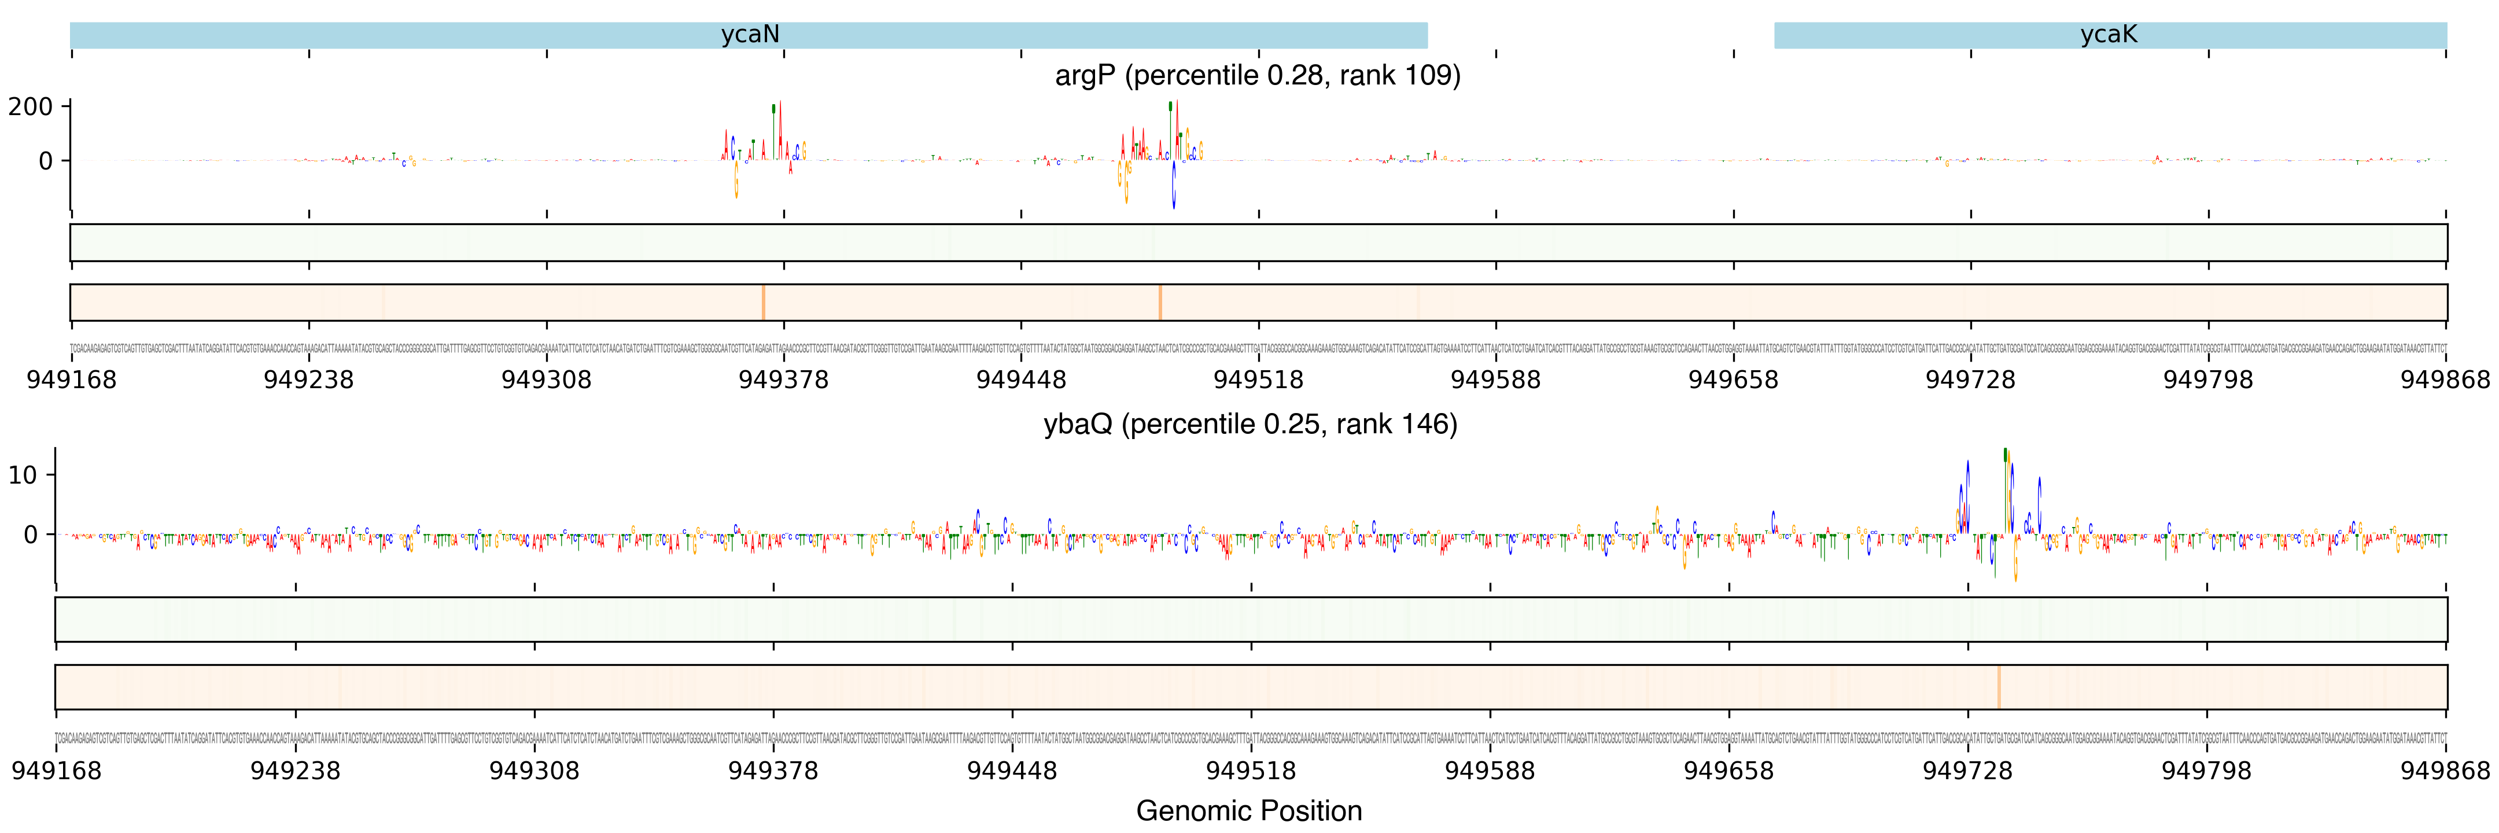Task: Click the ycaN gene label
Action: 749,35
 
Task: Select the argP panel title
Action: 1257,76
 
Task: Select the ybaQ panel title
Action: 1250,424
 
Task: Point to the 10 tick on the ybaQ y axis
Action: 23,475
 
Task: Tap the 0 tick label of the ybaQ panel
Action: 31,535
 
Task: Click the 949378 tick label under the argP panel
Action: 784,379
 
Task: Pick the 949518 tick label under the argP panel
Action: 1258,379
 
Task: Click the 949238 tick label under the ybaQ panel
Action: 295,771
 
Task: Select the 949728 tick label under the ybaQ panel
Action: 1967,771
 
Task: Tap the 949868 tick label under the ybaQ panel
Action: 2445,771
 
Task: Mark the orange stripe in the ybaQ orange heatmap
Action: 1999,687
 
